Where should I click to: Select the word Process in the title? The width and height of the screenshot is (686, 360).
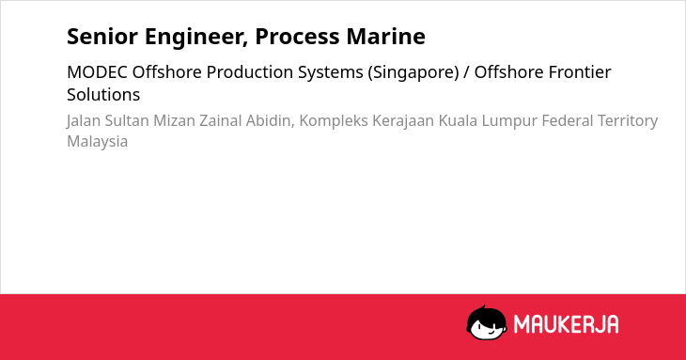click(297, 37)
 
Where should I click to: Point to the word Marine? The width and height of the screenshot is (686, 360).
click(386, 37)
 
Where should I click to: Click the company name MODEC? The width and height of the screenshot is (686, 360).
click(97, 72)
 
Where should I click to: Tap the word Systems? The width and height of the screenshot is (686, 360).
click(330, 73)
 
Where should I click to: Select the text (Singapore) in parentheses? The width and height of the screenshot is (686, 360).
click(413, 73)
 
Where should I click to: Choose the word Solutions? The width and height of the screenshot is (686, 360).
click(103, 95)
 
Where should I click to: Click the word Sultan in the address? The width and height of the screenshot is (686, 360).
click(127, 120)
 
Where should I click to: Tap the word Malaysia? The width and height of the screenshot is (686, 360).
click(97, 142)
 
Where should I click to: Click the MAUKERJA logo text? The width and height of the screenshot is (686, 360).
click(566, 324)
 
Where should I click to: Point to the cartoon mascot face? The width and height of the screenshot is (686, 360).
click(487, 323)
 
